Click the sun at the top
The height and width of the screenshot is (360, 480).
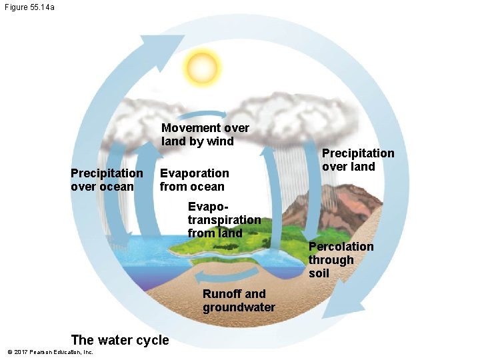coord(203,66)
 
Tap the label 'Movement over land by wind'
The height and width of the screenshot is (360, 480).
coord(205,134)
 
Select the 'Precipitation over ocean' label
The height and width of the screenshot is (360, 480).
coord(107,179)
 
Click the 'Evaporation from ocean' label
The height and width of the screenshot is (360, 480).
coord(194,179)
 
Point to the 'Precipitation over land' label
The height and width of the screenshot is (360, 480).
coord(358,159)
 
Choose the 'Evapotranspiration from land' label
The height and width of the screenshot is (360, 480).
coord(224,219)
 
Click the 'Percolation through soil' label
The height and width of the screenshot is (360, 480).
coord(340,259)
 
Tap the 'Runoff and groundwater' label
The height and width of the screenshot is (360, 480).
coord(239,300)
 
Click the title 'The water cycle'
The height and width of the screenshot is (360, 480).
coord(120,339)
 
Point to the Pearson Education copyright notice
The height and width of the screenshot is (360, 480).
coord(50,352)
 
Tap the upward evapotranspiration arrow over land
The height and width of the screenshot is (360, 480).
coord(271,193)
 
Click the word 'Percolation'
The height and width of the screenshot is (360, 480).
coord(341,247)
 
